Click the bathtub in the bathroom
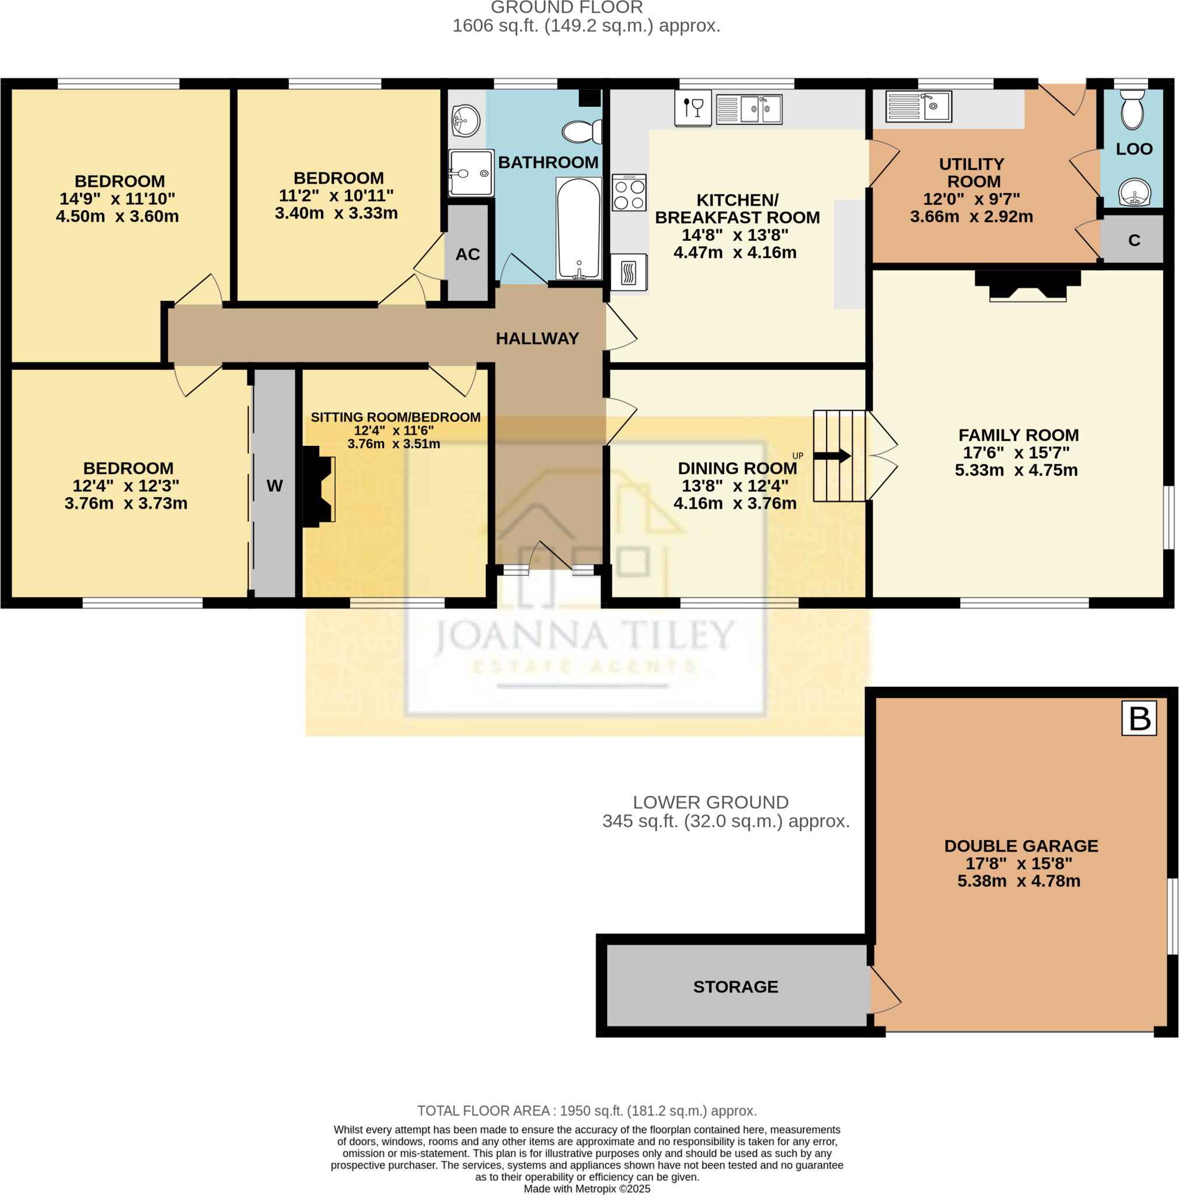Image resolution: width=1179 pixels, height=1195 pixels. tap(578, 228)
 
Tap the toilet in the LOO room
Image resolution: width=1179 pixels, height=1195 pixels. tap(1131, 110)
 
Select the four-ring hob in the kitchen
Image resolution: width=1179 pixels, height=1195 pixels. tap(629, 193)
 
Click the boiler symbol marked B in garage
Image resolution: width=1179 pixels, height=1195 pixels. tap(1139, 718)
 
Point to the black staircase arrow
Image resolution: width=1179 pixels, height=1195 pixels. tap(831, 456)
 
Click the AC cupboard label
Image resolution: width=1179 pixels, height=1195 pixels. tap(468, 254)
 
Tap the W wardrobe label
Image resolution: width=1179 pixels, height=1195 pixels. tap(275, 485)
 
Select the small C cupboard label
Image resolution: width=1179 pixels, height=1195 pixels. tap(1133, 240)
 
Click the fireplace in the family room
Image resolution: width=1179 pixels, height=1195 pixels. tap(1027, 285)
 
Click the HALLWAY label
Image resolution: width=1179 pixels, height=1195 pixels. tap(537, 338)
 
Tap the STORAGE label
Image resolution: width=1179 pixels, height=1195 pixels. tap(735, 987)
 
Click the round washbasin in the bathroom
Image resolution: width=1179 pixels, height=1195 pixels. tap(465, 120)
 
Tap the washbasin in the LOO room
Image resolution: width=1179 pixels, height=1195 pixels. tap(1134, 193)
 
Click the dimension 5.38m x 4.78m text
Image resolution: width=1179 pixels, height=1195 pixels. tap(1018, 880)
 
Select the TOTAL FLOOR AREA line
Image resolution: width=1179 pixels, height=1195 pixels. tap(587, 1110)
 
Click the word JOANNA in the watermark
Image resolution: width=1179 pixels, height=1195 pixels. tap(521, 637)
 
